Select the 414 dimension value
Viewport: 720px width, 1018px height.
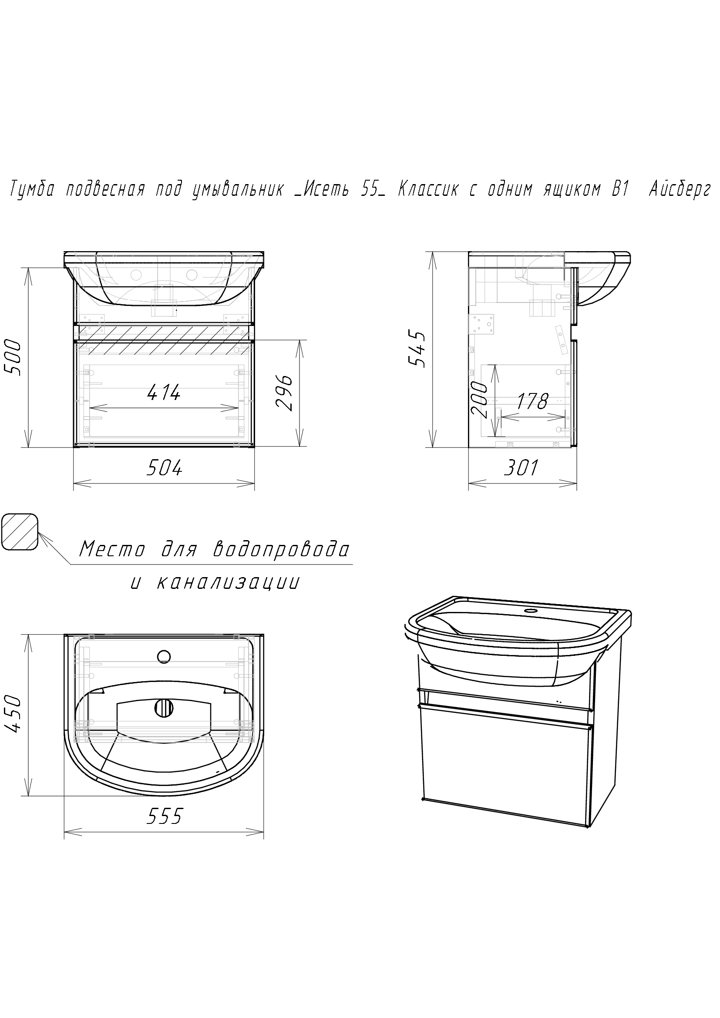[x=164, y=392]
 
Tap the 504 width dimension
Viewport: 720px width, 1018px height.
[x=164, y=468]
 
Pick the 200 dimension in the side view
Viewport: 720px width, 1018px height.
[x=479, y=400]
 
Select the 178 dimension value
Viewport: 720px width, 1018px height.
[x=533, y=402]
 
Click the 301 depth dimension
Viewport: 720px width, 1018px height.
[x=521, y=468]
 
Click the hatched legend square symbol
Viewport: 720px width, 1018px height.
[x=20, y=532]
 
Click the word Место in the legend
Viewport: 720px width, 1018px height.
[x=112, y=550]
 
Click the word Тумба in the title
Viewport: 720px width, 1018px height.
[x=32, y=190]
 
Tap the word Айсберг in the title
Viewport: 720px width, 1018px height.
[x=680, y=190]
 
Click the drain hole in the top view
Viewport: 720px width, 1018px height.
[x=164, y=709]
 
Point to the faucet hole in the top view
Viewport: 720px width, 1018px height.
[x=164, y=656]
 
